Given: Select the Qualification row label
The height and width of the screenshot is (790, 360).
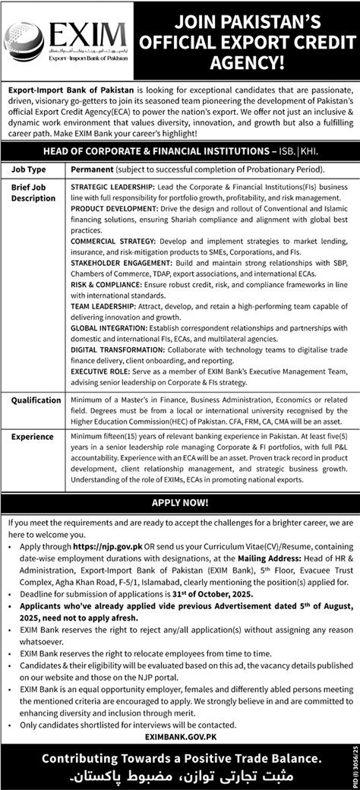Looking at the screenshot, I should (x=36, y=400).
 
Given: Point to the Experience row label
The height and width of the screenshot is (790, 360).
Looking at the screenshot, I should (x=32, y=437).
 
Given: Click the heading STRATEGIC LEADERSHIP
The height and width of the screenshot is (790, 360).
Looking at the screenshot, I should (x=110, y=185).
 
